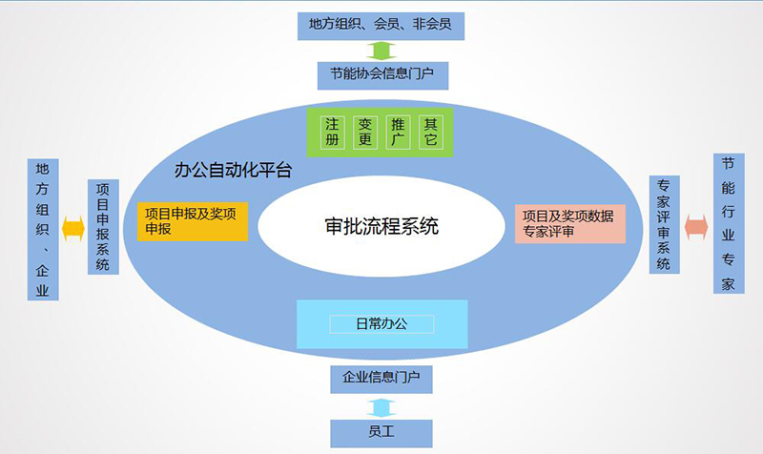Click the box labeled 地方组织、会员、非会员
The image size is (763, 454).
point(381,27)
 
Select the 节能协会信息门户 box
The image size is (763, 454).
point(383,75)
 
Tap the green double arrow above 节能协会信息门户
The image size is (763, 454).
point(381,51)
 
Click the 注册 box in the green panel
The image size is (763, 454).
point(332,132)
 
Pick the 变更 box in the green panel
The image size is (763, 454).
point(365,132)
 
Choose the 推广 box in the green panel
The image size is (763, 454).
point(398,132)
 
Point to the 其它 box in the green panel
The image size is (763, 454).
point(431,132)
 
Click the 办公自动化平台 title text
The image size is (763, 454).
point(233,171)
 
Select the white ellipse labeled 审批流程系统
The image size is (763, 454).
point(381,226)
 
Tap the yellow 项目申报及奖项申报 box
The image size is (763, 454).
point(193,221)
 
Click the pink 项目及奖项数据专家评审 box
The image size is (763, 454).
point(570,224)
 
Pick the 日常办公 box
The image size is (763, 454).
point(382,324)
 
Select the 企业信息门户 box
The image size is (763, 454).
point(381,379)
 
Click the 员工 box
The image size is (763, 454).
point(381,433)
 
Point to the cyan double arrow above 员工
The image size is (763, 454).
point(381,408)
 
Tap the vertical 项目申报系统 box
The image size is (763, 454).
point(103,227)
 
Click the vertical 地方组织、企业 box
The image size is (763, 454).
point(43,229)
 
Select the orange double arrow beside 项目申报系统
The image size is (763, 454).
point(73,229)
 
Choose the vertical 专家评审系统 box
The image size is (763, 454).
point(665,224)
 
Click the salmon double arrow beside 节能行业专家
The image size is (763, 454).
point(696,227)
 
